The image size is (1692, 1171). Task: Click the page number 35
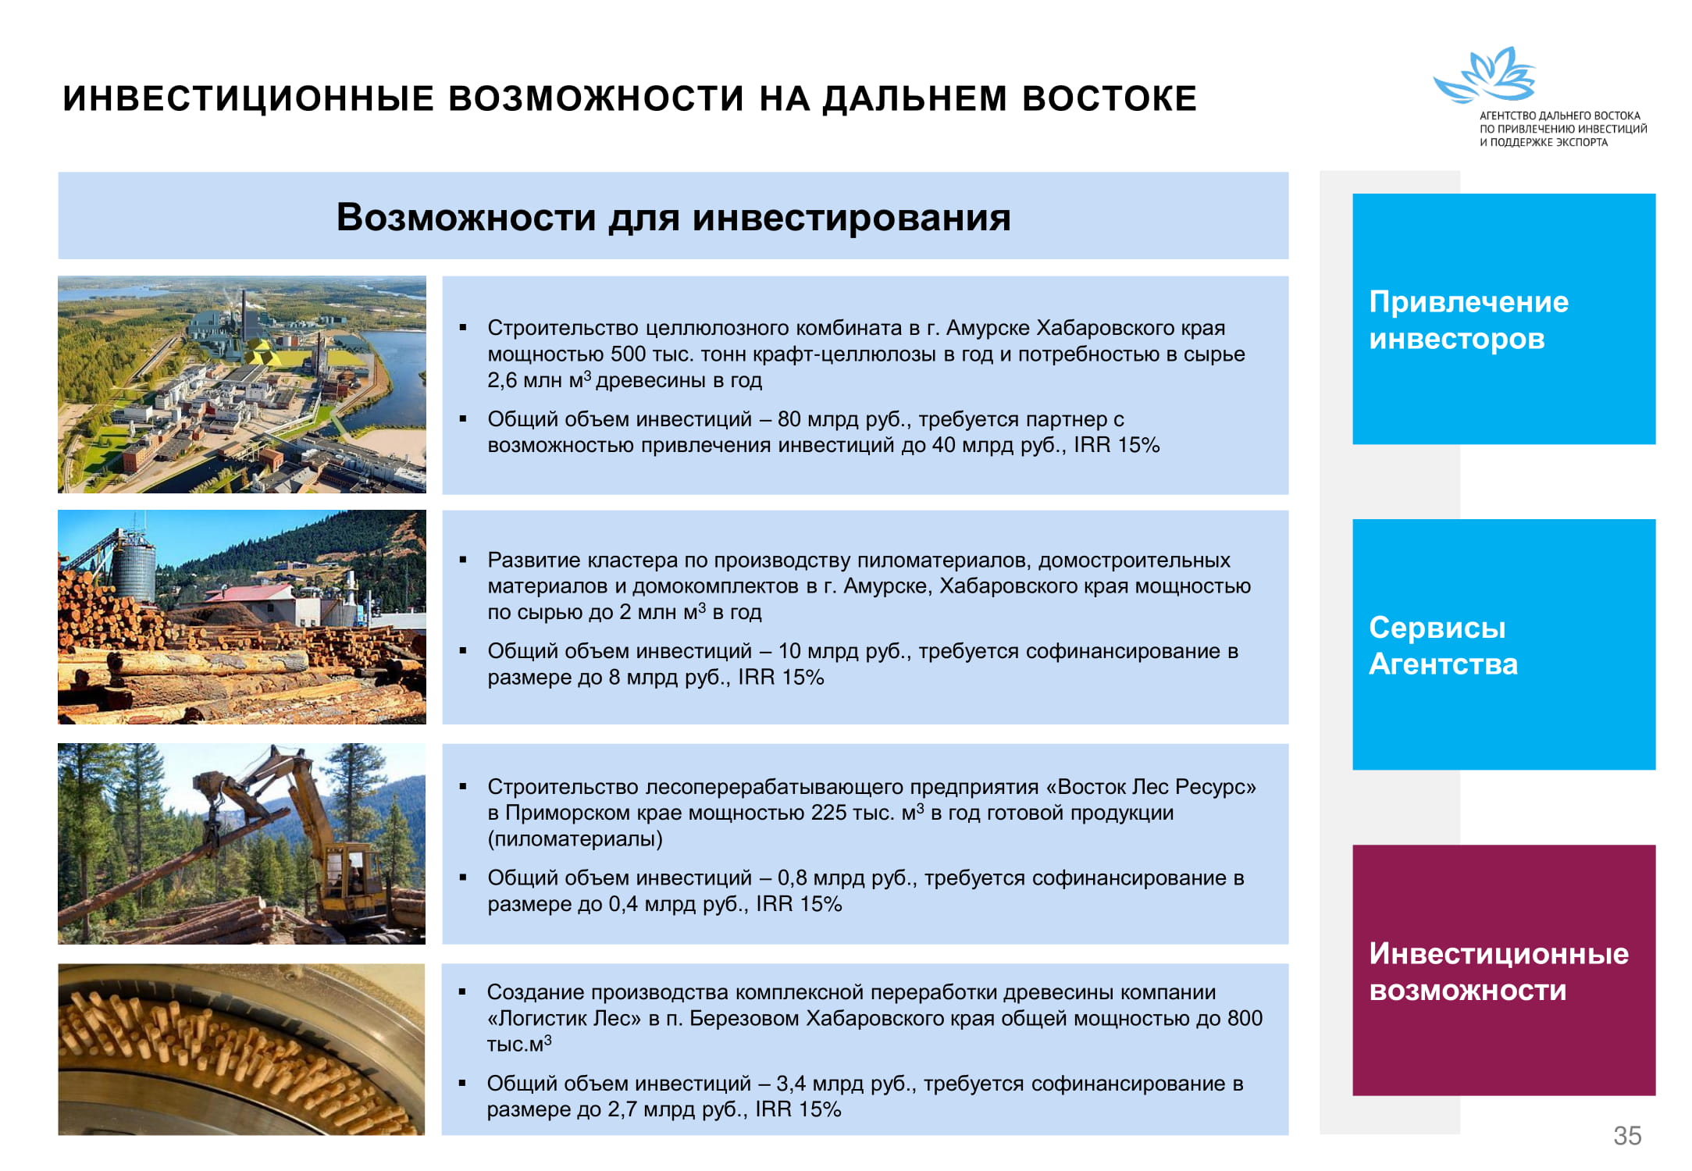coord(1627,1135)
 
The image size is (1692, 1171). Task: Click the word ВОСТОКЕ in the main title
coord(1109,98)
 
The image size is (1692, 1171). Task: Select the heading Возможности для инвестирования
coord(673,217)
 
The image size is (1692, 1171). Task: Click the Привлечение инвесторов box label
coord(1469,320)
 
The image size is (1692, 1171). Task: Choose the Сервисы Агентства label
coord(1443,646)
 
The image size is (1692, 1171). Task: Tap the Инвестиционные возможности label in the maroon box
coord(1498,972)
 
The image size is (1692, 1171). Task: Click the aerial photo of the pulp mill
coord(242,384)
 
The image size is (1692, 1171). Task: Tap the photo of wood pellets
coord(241,1049)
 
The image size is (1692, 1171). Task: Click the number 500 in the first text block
coord(629,354)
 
